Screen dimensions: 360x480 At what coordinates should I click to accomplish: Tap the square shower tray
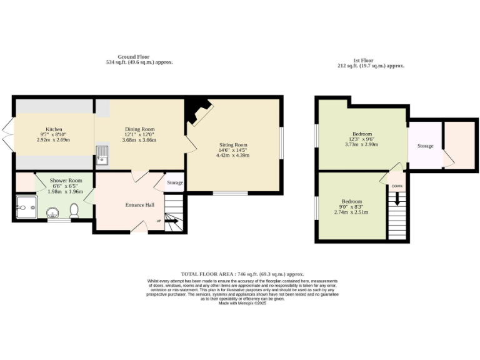(x=26, y=206)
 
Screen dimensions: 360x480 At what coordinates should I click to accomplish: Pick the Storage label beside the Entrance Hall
(x=175, y=183)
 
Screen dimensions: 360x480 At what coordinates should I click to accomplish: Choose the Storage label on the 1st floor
(x=425, y=146)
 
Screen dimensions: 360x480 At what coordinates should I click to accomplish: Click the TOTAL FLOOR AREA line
(x=242, y=274)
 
